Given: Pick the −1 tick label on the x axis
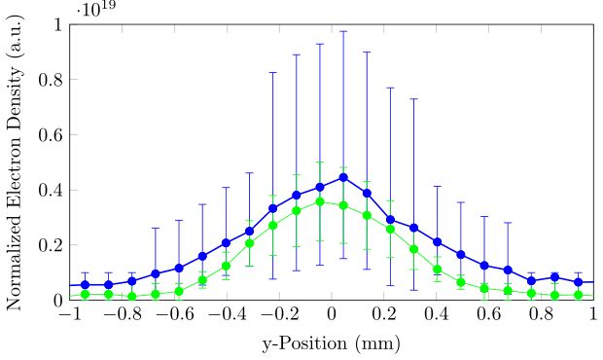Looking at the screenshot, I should [68, 317].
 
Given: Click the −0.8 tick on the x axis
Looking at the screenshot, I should [121, 317].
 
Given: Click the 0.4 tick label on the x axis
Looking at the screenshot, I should [437, 317].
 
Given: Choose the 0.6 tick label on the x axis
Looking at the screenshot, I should [489, 317].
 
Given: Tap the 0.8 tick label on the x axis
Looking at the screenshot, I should [542, 317].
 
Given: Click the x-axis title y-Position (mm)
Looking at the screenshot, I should [332, 343].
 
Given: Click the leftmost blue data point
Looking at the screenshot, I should [85, 285].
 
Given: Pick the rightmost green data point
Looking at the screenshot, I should [579, 295].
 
